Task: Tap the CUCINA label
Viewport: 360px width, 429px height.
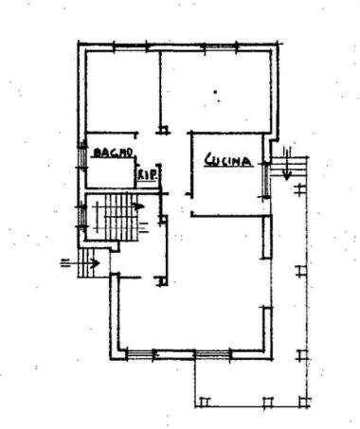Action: click(x=228, y=160)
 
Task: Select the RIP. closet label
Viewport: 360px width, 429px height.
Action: click(x=147, y=175)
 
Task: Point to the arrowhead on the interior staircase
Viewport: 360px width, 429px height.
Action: click(x=139, y=206)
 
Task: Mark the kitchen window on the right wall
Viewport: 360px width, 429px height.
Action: click(x=267, y=180)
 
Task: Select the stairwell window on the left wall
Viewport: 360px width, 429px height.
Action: click(x=82, y=216)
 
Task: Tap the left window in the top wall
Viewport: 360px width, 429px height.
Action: click(x=131, y=47)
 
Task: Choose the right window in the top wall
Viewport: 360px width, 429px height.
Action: click(x=220, y=46)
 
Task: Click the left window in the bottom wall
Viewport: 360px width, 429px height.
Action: click(x=139, y=354)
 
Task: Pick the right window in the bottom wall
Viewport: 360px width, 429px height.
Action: click(x=212, y=354)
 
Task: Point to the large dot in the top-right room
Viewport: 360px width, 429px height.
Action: click(x=215, y=92)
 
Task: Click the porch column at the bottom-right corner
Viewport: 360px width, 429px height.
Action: click(x=304, y=402)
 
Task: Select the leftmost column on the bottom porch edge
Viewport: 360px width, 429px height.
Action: click(x=204, y=402)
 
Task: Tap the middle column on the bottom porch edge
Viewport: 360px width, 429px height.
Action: click(x=268, y=402)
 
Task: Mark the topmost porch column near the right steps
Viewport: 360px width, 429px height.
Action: click(x=299, y=189)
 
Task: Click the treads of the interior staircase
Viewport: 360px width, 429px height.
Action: click(x=121, y=218)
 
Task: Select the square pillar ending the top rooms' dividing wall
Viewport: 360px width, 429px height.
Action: click(x=164, y=130)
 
